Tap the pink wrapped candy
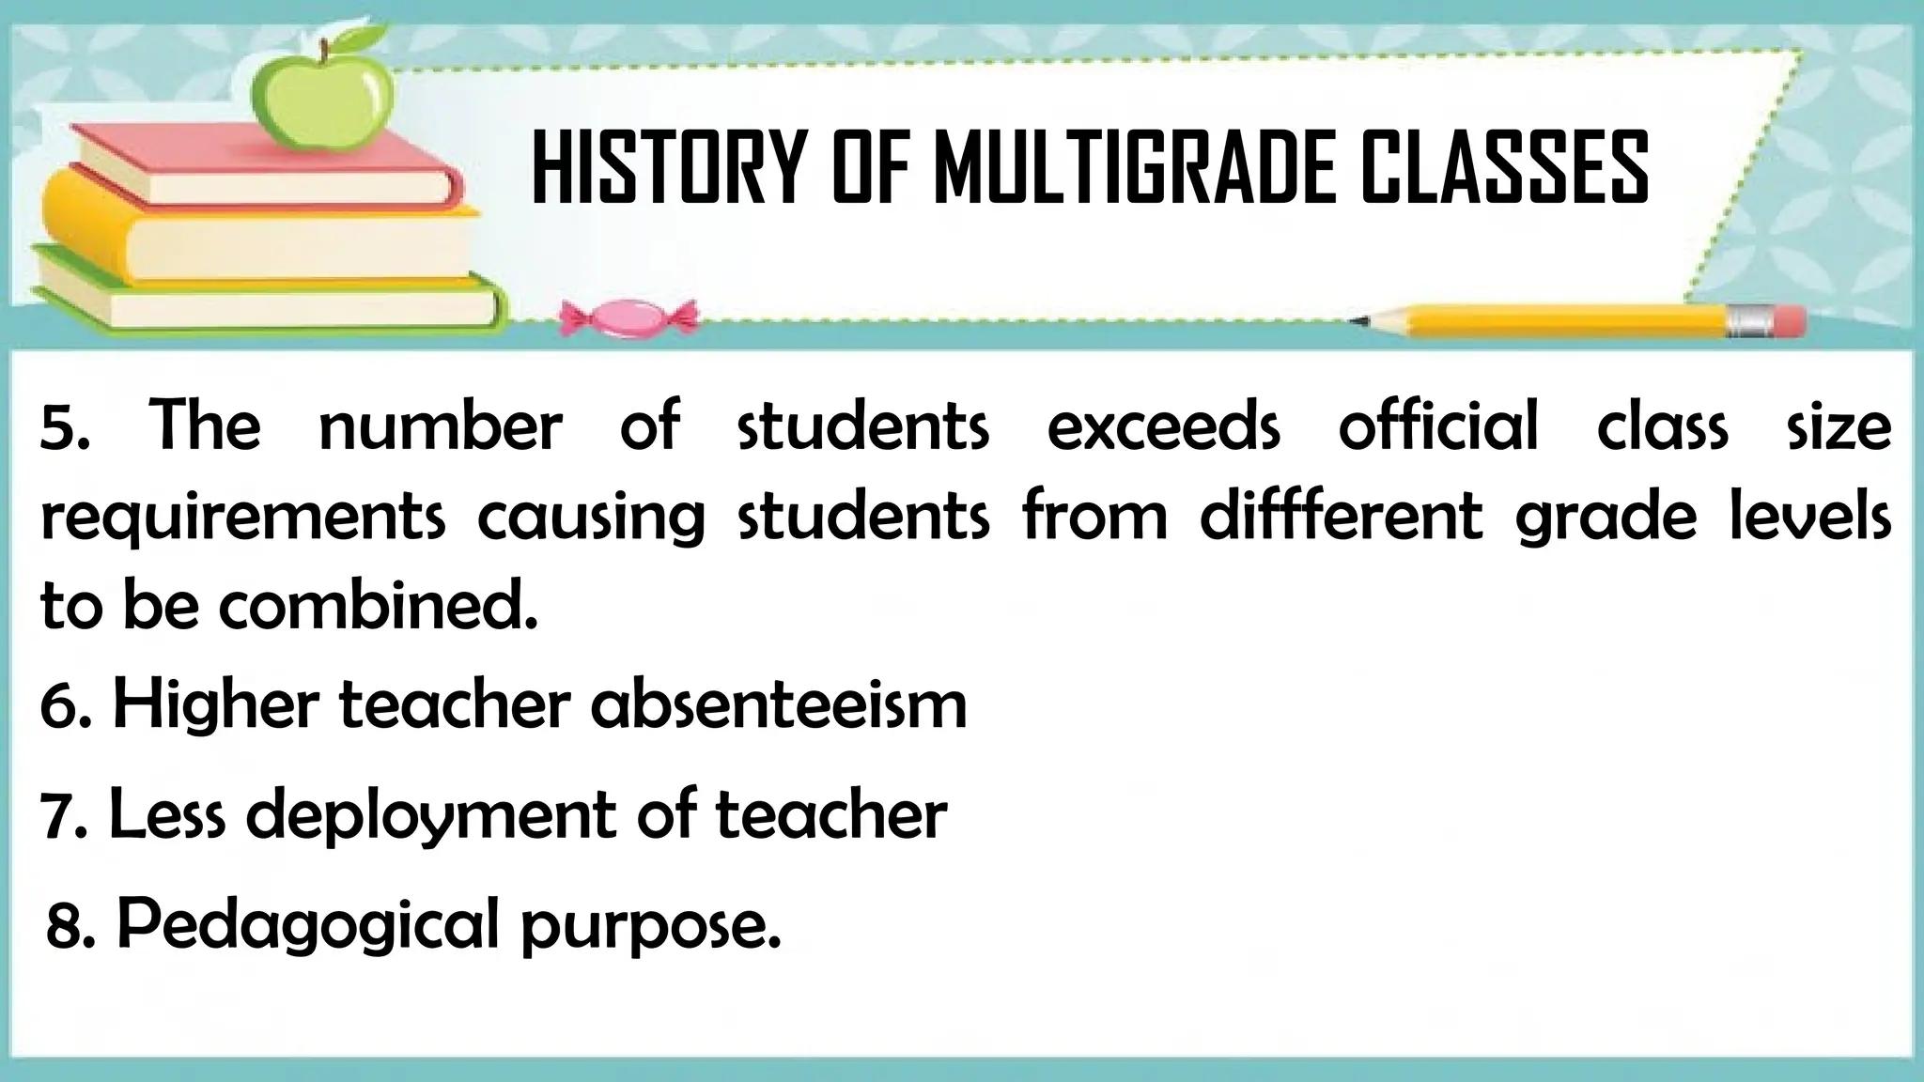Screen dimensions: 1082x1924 pos(628,317)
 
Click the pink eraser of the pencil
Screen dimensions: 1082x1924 pos(1791,321)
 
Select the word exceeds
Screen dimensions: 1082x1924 pos(1163,426)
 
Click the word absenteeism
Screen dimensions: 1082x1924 pos(779,704)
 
